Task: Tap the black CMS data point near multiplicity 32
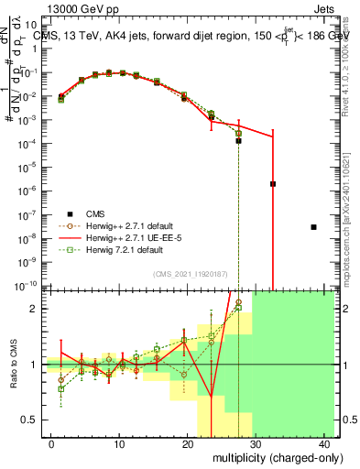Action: (x=273, y=183)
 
